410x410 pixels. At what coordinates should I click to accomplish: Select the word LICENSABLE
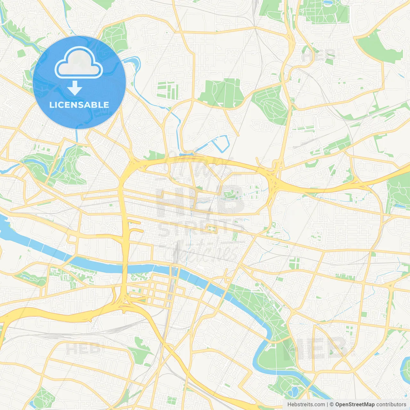click(x=79, y=105)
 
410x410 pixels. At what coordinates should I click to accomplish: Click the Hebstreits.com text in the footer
click(x=306, y=405)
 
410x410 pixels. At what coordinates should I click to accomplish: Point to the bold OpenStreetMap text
click(x=355, y=405)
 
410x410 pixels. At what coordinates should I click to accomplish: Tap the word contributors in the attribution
click(x=391, y=405)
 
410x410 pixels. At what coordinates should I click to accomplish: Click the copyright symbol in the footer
click(x=332, y=405)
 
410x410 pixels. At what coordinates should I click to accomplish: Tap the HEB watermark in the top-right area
click(x=319, y=55)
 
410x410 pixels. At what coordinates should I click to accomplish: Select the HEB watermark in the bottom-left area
click(x=83, y=348)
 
